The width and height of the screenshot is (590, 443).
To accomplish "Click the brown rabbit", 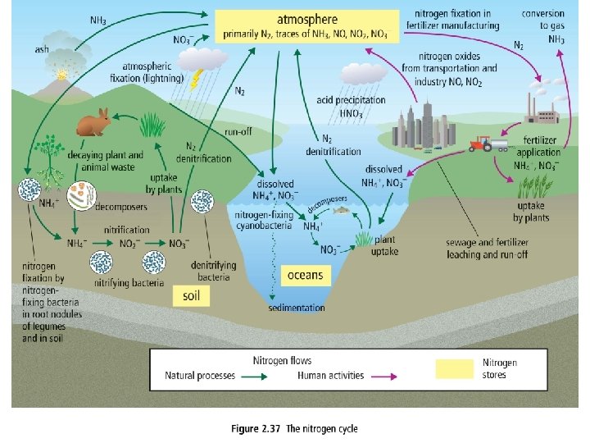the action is pyautogui.click(x=93, y=122).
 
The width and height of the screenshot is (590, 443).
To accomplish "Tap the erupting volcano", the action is pyautogui.click(x=61, y=79).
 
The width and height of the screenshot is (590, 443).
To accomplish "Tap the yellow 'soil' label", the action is pyautogui.click(x=190, y=295).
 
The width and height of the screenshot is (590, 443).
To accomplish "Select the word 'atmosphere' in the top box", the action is pyautogui.click(x=307, y=19).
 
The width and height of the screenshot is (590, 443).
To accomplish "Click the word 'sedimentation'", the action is pyautogui.click(x=296, y=308).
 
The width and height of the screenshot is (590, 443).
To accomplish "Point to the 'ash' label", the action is pyautogui.click(x=41, y=50).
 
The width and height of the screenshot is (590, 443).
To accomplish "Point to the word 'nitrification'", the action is pyautogui.click(x=127, y=230).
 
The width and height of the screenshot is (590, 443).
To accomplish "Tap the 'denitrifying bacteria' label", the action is pyautogui.click(x=214, y=272).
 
